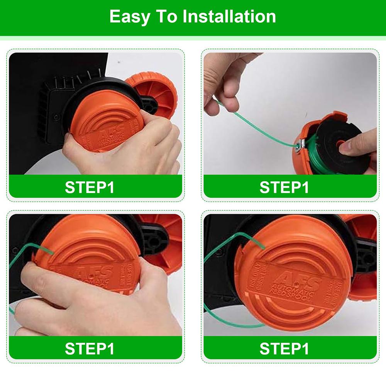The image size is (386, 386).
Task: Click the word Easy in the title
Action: click(129, 17)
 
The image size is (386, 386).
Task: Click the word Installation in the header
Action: click(229, 17)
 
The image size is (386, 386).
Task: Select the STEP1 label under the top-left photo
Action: click(90, 187)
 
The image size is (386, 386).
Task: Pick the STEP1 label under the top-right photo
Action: click(284, 187)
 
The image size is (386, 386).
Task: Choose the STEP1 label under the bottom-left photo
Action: click(90, 349)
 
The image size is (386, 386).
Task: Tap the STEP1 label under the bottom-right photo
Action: click(284, 349)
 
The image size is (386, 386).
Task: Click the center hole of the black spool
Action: click(341, 145)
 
